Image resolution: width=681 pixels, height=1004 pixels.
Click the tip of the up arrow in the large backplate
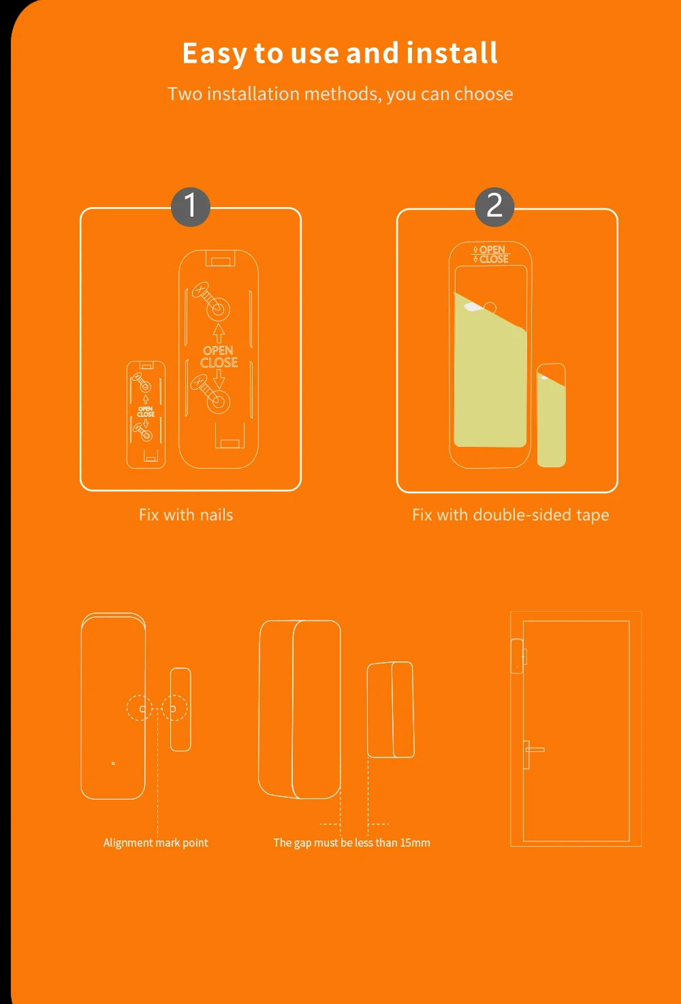coord(219,324)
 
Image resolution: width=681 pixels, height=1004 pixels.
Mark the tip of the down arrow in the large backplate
coord(219,389)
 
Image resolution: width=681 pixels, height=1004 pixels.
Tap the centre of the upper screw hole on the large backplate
coord(219,309)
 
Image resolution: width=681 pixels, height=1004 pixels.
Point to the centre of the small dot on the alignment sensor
coord(113,764)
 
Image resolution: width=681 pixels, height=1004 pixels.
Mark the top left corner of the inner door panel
coord(523,621)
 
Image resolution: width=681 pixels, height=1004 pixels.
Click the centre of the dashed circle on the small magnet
coord(174,708)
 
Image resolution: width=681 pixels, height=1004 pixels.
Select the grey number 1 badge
coord(191,206)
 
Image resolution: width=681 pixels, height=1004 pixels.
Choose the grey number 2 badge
coord(494,206)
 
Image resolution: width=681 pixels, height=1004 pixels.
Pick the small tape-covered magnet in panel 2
coord(551,415)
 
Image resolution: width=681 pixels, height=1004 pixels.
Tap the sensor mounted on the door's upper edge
coord(518,656)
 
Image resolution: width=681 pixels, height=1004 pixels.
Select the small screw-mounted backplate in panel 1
coord(146,415)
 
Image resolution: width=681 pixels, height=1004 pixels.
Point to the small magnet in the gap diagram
coord(391,710)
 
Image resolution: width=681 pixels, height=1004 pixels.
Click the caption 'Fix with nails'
coord(186,515)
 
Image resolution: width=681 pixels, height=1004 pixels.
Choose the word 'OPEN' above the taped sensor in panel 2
coord(492,250)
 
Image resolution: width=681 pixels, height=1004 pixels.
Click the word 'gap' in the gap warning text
coord(302,843)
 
